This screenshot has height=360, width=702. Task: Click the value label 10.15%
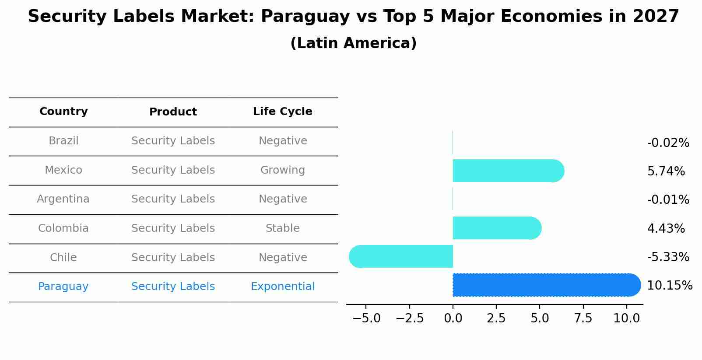pos(669,286)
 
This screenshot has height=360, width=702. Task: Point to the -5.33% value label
pos(668,257)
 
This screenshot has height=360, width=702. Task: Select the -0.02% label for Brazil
pos(668,143)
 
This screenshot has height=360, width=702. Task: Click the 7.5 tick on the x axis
pos(583,318)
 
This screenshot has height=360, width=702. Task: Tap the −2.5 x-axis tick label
pos(410,318)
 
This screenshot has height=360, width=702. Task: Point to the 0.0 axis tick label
pos(453,318)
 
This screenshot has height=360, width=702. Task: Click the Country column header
pos(63,112)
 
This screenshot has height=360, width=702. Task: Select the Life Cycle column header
pos(282,112)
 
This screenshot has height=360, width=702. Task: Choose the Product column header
pos(173,112)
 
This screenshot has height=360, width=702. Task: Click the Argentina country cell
pos(63,199)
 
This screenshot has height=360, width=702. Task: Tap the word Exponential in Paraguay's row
pos(282,287)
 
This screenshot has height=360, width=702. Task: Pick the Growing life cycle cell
pos(282,170)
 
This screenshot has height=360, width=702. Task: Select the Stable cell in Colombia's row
pos(282,228)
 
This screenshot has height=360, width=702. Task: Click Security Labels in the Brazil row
pos(173,141)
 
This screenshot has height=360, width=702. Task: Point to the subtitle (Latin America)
pos(353,43)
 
